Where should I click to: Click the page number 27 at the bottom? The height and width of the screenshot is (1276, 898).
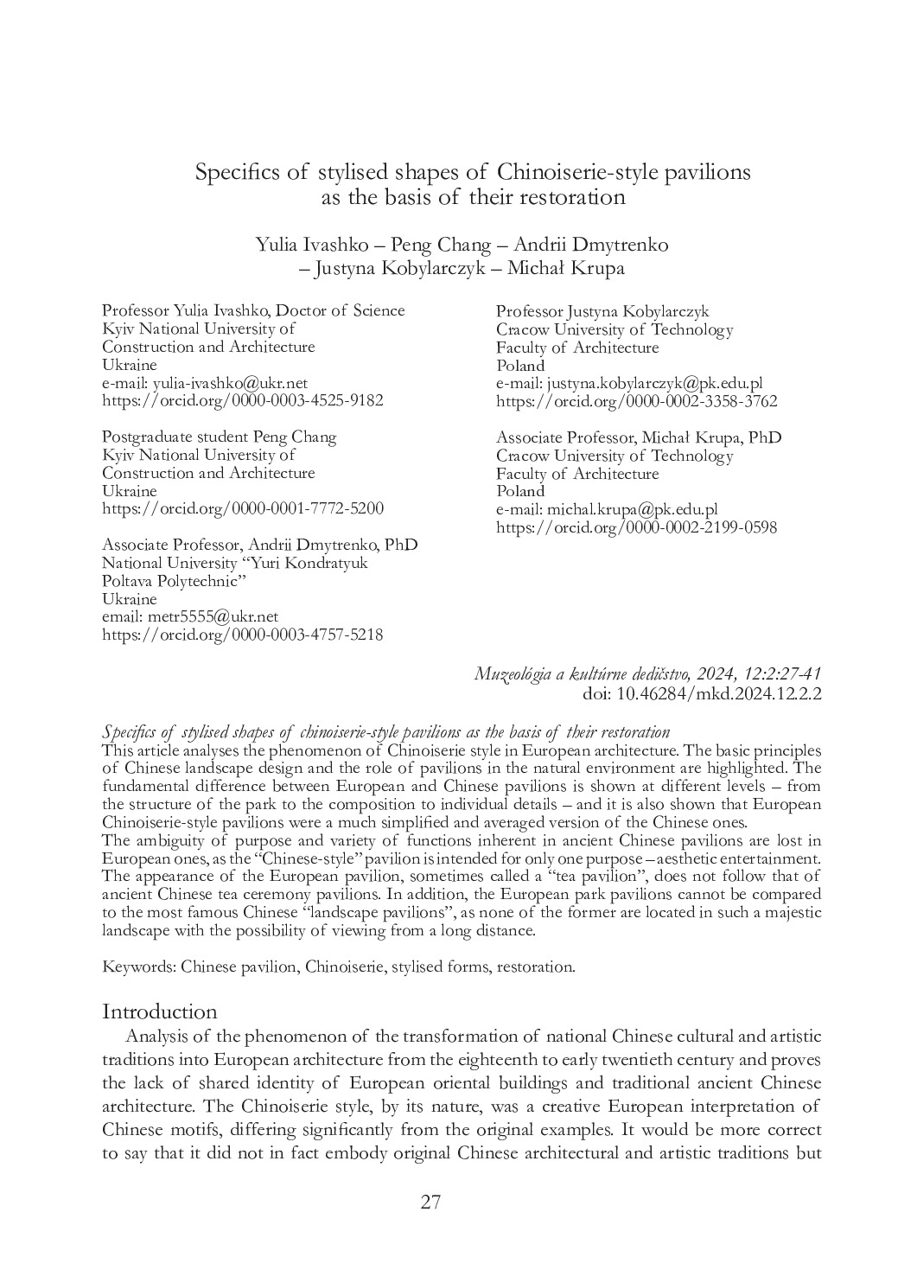430,1202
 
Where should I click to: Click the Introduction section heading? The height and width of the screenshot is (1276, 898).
160,1011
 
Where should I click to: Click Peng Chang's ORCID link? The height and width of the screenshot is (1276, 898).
243,508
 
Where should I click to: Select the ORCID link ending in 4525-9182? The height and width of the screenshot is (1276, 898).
243,401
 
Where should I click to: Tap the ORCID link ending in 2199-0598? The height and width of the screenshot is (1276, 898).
636,527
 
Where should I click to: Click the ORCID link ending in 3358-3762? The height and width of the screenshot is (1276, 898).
636,401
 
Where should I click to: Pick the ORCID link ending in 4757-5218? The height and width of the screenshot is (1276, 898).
243,635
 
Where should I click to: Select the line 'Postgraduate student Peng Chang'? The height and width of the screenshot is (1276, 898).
220,437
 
